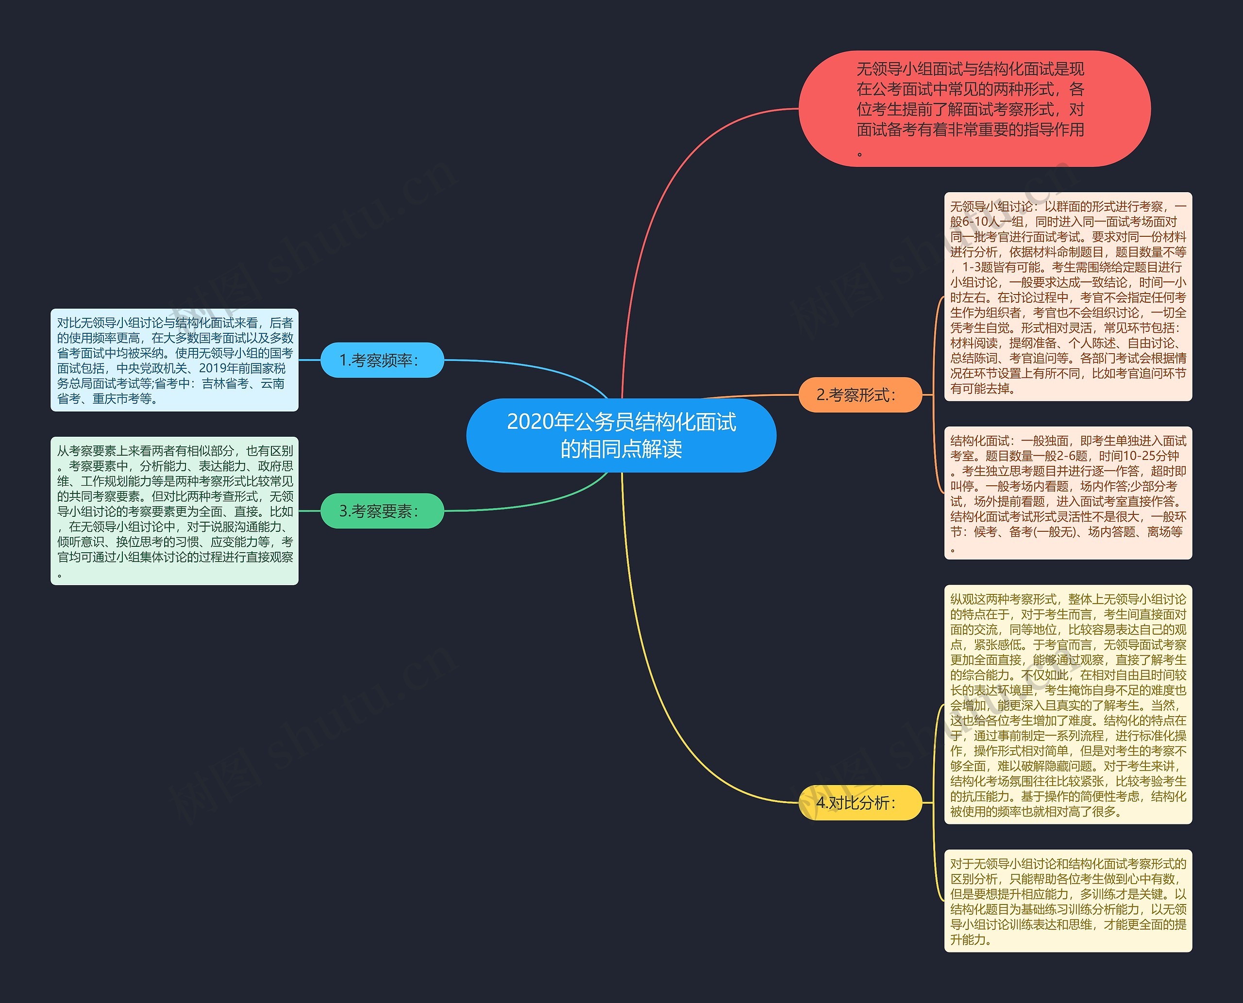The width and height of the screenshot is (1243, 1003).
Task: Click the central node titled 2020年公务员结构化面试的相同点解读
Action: (621, 435)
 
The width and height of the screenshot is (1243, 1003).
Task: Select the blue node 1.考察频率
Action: (382, 360)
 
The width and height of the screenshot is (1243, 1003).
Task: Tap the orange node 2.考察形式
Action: (860, 395)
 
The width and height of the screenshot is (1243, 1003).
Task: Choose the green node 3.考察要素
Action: (382, 511)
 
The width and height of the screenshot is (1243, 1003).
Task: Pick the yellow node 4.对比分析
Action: (860, 803)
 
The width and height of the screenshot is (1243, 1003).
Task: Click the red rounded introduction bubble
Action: (974, 109)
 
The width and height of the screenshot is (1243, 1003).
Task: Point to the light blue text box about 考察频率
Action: (175, 360)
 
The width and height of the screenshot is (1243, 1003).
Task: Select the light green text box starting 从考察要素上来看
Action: (175, 511)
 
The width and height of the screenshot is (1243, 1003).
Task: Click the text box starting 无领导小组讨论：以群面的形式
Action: (1068, 296)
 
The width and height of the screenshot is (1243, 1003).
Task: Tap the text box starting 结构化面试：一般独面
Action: (1068, 493)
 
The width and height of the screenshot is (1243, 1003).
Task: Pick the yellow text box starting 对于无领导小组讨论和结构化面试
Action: (1068, 901)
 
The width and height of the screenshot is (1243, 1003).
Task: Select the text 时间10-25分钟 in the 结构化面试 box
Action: (1139, 456)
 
